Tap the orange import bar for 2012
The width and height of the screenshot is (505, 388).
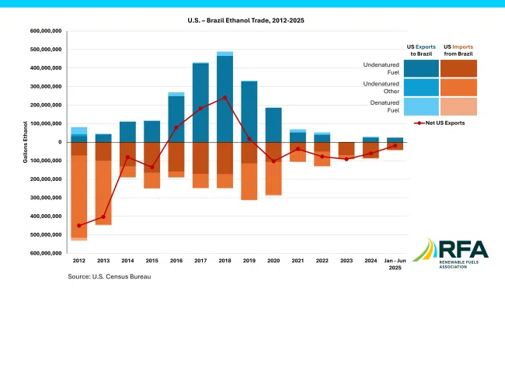point(79,194)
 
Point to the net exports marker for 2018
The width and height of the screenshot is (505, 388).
point(225,98)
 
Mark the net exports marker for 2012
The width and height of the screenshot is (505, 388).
point(79,226)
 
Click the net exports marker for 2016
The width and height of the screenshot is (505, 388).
point(176,127)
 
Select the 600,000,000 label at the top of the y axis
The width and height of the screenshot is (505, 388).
point(46,31)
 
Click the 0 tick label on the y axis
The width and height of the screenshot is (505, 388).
point(58,142)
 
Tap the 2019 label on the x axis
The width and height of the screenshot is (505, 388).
point(249,262)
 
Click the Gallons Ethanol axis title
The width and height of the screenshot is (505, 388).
point(25,142)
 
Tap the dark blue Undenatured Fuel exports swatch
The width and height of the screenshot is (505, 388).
point(421,68)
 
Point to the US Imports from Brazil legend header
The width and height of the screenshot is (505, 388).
point(458,50)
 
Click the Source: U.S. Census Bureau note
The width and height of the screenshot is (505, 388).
point(109,276)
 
